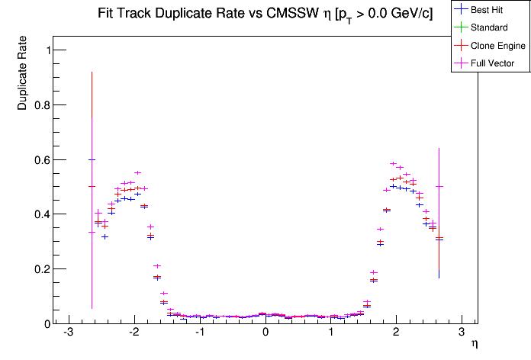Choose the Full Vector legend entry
[493, 63]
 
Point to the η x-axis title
[474, 344]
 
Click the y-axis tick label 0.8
[39, 105]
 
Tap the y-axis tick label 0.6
[39, 160]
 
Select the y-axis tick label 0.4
[39, 214]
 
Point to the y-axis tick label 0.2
[39, 269]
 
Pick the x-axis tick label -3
[68, 334]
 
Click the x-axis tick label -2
[134, 334]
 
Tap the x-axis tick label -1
[198, 334]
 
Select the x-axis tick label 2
[396, 334]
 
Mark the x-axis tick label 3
[462, 334]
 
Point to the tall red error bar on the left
[92, 130]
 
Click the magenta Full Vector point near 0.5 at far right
[439, 186]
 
